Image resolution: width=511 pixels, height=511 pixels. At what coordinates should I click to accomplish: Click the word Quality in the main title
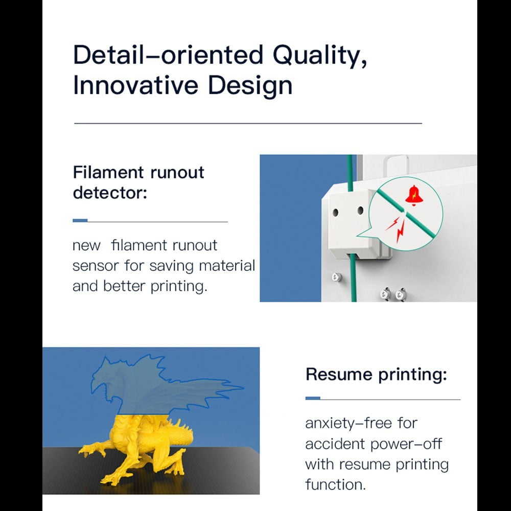(319, 56)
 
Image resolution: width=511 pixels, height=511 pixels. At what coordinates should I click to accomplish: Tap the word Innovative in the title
(135, 85)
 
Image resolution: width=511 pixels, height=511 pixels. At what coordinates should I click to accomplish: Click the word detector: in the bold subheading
(110, 193)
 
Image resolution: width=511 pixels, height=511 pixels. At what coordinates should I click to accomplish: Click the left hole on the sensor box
(335, 213)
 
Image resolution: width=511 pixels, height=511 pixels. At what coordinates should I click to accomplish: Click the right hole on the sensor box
(360, 211)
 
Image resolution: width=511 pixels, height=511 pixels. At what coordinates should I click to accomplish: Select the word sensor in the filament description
(96, 266)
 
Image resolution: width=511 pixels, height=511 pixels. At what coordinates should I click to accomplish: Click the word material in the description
(227, 265)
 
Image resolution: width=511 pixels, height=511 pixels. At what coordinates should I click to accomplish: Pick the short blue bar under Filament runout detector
(80, 221)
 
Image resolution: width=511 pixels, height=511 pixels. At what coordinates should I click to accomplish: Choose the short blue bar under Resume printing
(313, 398)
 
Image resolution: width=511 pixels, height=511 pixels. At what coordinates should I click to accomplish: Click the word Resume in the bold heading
(339, 374)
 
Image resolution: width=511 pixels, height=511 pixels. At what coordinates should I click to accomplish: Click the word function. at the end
(335, 484)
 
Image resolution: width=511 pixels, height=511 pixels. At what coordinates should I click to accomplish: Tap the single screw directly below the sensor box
(337, 277)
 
